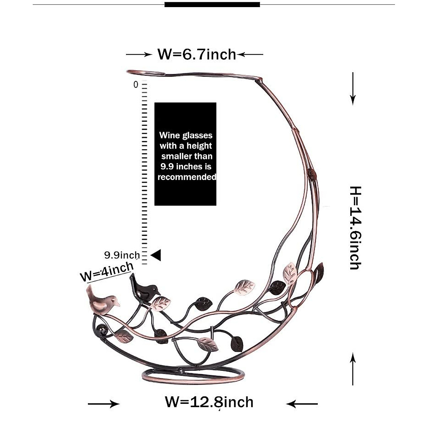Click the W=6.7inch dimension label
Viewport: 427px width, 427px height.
tap(196, 54)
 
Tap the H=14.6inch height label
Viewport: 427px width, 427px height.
tap(355, 228)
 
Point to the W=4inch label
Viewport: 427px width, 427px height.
tap(107, 272)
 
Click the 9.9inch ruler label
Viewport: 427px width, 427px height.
tap(122, 255)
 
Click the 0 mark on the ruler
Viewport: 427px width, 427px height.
tap(136, 85)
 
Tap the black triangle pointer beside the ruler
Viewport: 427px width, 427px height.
tap(156, 255)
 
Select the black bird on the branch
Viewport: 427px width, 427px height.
tap(144, 288)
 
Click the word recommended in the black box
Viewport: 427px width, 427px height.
tap(186, 177)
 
